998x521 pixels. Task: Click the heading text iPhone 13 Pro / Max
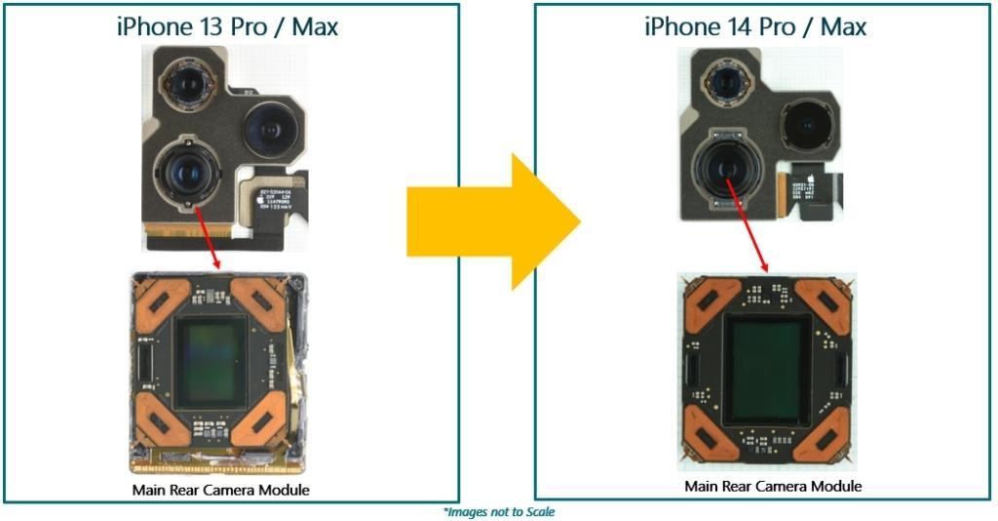(x=226, y=25)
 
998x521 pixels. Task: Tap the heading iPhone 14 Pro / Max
(x=754, y=25)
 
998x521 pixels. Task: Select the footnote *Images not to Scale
(x=499, y=511)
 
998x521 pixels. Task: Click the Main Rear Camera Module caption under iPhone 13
(x=220, y=490)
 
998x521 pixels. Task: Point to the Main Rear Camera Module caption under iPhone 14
(x=773, y=486)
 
